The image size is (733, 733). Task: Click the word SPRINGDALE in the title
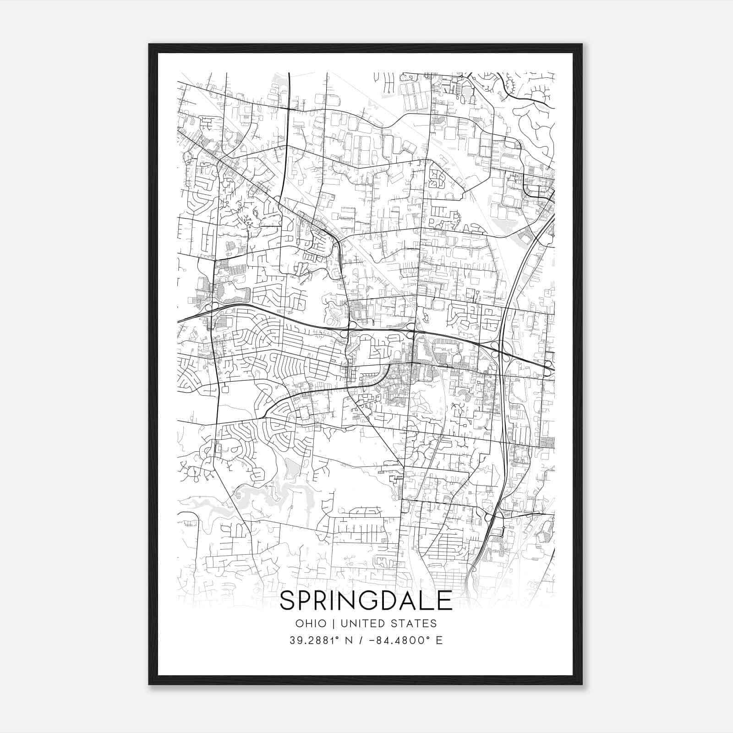pyautogui.click(x=366, y=601)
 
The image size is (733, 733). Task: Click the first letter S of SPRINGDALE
pyautogui.click(x=288, y=601)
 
